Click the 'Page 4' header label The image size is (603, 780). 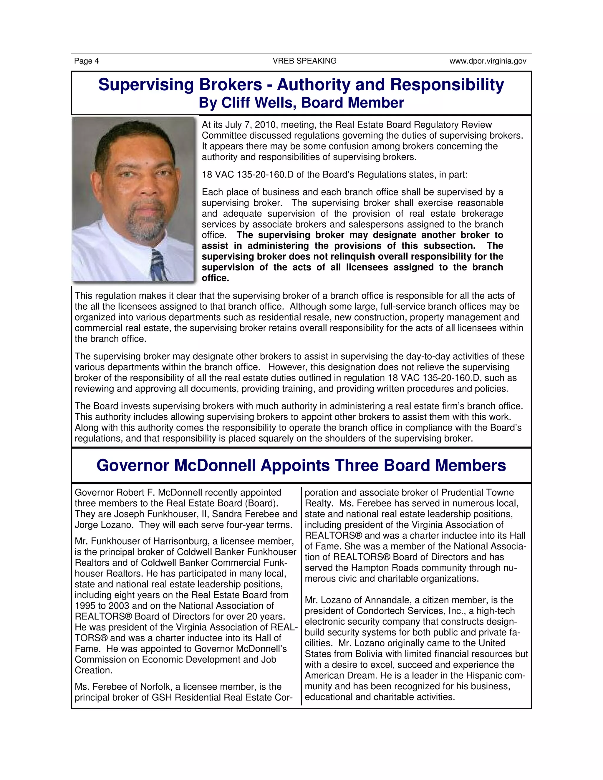[87, 61]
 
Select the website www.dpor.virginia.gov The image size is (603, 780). [488, 61]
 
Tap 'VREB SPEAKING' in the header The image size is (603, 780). [304, 61]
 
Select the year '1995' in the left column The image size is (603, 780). [86, 606]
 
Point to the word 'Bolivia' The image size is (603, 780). [371, 654]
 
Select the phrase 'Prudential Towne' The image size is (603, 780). [478, 492]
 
